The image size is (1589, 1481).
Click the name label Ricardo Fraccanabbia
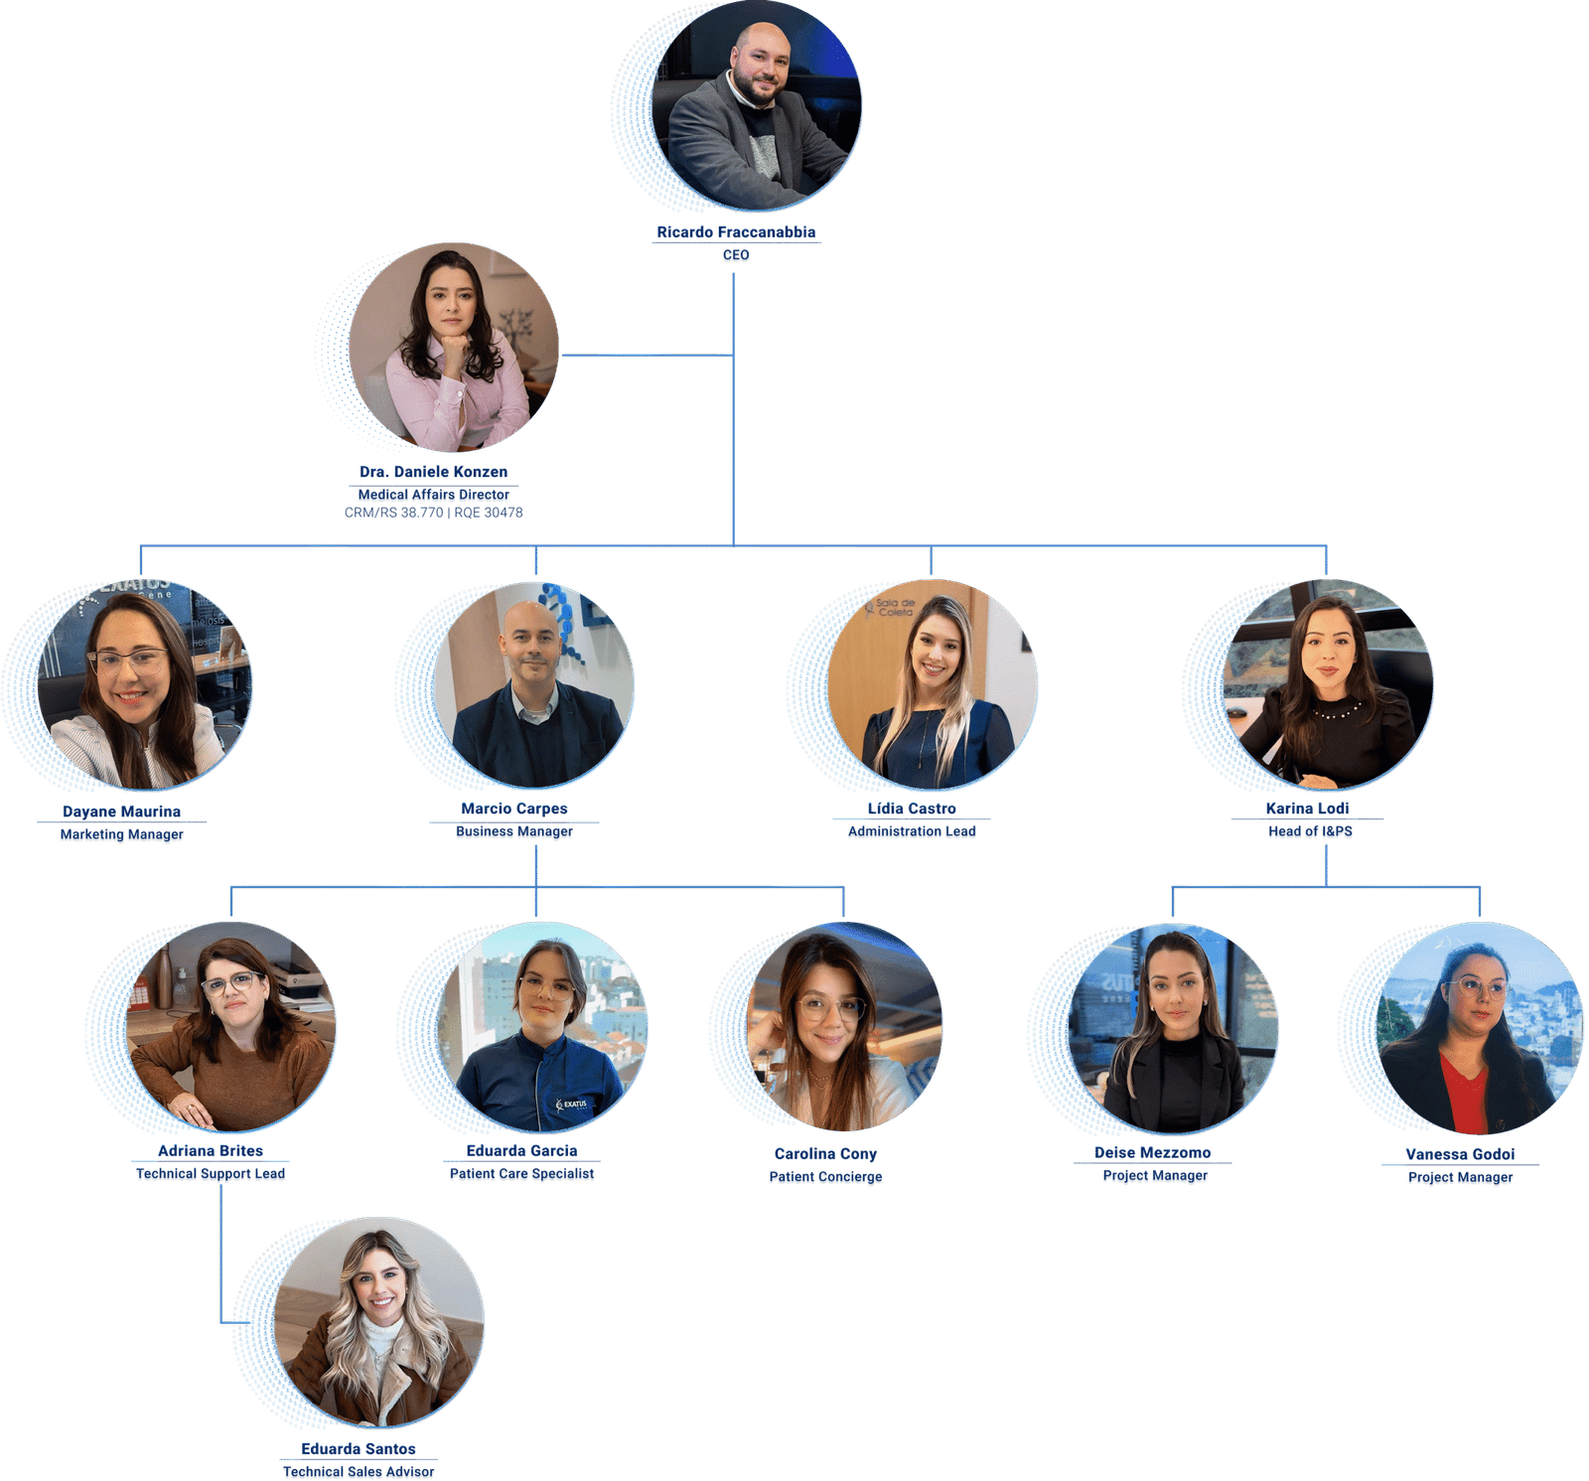pyautogui.click(x=736, y=232)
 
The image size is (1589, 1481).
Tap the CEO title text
pyautogui.click(x=736, y=256)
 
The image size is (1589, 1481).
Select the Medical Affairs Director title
pyautogui.click(x=434, y=495)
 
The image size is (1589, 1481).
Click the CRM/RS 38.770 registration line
pyautogui.click(x=434, y=513)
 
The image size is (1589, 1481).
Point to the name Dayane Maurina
pyautogui.click(x=121, y=812)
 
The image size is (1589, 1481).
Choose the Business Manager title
pyautogui.click(x=514, y=832)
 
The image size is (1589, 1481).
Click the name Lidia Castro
pyautogui.click(x=912, y=809)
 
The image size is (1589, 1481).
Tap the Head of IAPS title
pyautogui.click(x=1310, y=832)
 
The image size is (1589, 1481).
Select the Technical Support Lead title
pyautogui.click(x=211, y=1174)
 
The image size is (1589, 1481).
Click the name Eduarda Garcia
pyautogui.click(x=521, y=1150)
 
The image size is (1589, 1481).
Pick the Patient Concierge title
pyautogui.click(x=825, y=1178)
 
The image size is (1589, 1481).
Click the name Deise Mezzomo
pyautogui.click(x=1153, y=1152)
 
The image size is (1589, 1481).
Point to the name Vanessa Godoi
pyautogui.click(x=1460, y=1154)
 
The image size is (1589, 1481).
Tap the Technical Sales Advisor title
pyautogui.click(x=359, y=1472)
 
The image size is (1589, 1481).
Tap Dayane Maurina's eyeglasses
pyautogui.click(x=129, y=661)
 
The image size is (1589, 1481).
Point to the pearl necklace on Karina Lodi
pyautogui.click(x=1337, y=709)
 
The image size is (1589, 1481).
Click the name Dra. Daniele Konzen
pyautogui.click(x=434, y=472)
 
